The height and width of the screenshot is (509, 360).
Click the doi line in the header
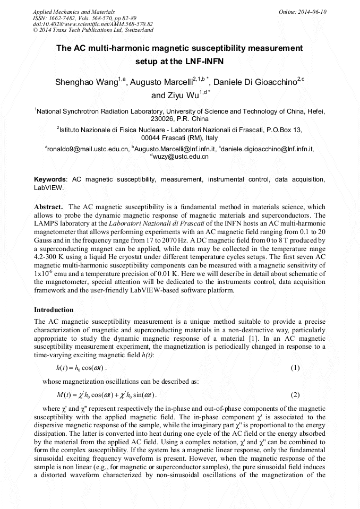93,24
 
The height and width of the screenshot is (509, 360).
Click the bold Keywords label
50,180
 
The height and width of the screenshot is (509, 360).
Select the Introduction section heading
54,309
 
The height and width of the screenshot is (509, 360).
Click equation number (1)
296,368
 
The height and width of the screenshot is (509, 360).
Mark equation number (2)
296,395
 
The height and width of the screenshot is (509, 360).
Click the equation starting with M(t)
106,395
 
